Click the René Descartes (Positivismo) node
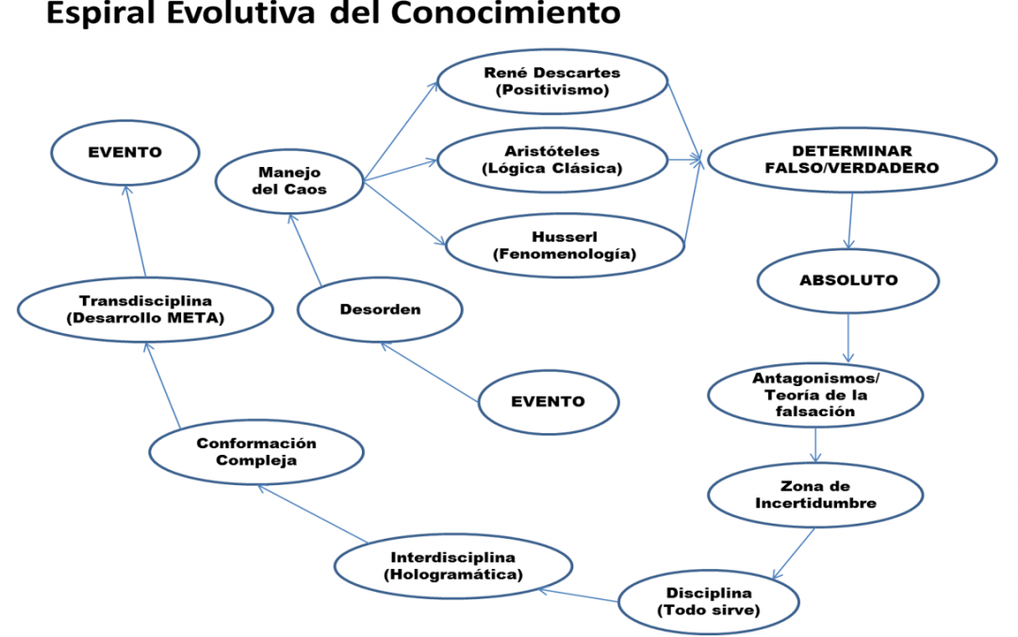(552, 82)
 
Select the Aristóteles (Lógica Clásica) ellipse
(552, 159)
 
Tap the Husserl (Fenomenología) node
(565, 245)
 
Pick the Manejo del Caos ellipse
(289, 181)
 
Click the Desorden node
(380, 310)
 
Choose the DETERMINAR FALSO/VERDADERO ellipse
(852, 159)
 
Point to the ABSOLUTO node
(848, 281)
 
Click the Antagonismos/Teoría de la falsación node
(815, 394)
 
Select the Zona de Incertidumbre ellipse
(815, 495)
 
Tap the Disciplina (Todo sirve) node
(708, 602)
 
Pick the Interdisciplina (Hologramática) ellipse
(453, 566)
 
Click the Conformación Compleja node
(256, 452)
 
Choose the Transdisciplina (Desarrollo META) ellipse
(145, 310)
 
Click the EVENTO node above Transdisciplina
(125, 153)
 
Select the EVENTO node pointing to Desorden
(549, 402)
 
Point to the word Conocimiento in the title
(505, 12)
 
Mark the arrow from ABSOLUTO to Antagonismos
(848, 338)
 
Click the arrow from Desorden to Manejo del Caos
(304, 249)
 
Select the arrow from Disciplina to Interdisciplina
(579, 595)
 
